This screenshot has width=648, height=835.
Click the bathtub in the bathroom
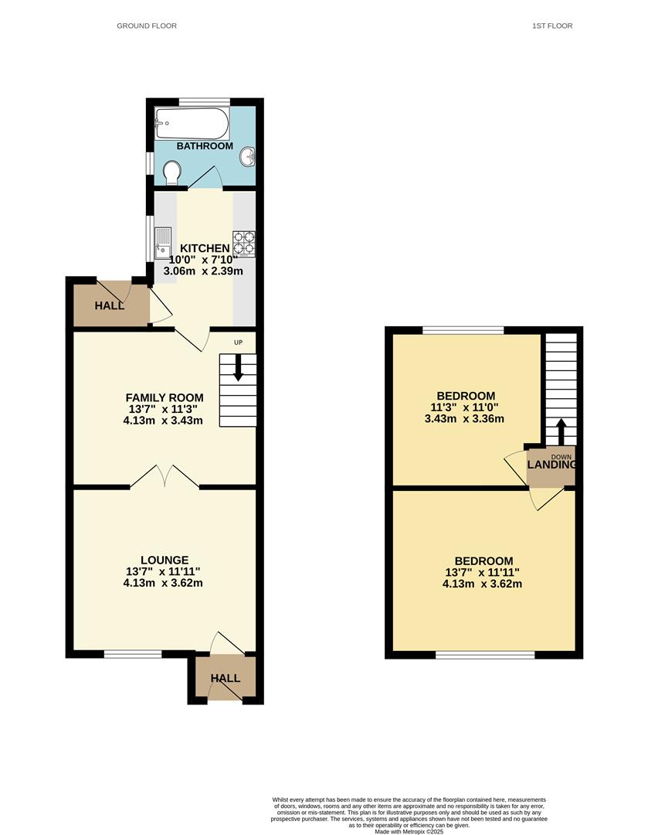(x=192, y=122)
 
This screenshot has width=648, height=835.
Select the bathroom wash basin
(x=249, y=157)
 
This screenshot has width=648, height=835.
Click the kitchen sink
(x=163, y=242)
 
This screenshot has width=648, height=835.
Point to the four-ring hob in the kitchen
(x=244, y=244)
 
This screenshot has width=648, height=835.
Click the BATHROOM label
(x=205, y=146)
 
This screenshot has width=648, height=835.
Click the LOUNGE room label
(x=164, y=561)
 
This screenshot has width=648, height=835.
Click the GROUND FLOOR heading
(x=147, y=26)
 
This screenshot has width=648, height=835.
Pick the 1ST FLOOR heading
(x=552, y=26)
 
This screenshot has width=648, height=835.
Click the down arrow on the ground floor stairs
(x=238, y=367)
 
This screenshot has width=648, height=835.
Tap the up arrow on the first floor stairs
(x=561, y=430)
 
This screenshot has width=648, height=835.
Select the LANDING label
(x=552, y=465)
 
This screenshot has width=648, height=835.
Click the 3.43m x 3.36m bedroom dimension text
(x=464, y=419)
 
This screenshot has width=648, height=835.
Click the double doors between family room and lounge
(x=164, y=476)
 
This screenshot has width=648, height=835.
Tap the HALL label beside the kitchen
(x=110, y=306)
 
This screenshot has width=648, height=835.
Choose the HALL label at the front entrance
(x=226, y=678)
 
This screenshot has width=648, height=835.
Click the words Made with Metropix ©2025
(x=410, y=831)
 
